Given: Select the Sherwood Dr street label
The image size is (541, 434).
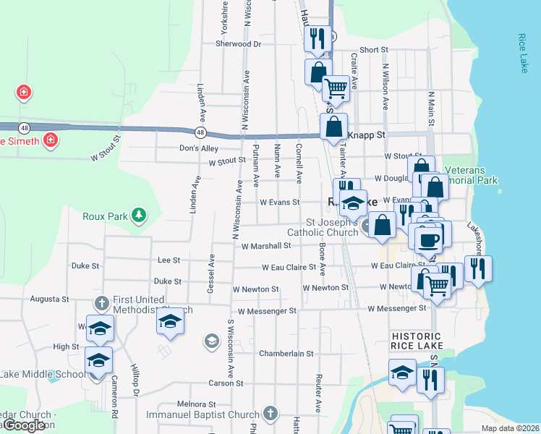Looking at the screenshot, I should coord(238,43).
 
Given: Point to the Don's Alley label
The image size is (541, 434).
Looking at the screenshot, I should coord(199,148).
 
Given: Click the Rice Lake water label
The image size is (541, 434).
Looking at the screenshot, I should coord(524,53).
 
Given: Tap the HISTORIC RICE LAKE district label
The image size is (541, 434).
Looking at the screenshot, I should coord(416,342).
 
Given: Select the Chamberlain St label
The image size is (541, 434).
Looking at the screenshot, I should coord(286,354).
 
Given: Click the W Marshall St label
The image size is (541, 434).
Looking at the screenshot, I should coord(266,246).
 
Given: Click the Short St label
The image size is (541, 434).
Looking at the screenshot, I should coord(374,50).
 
